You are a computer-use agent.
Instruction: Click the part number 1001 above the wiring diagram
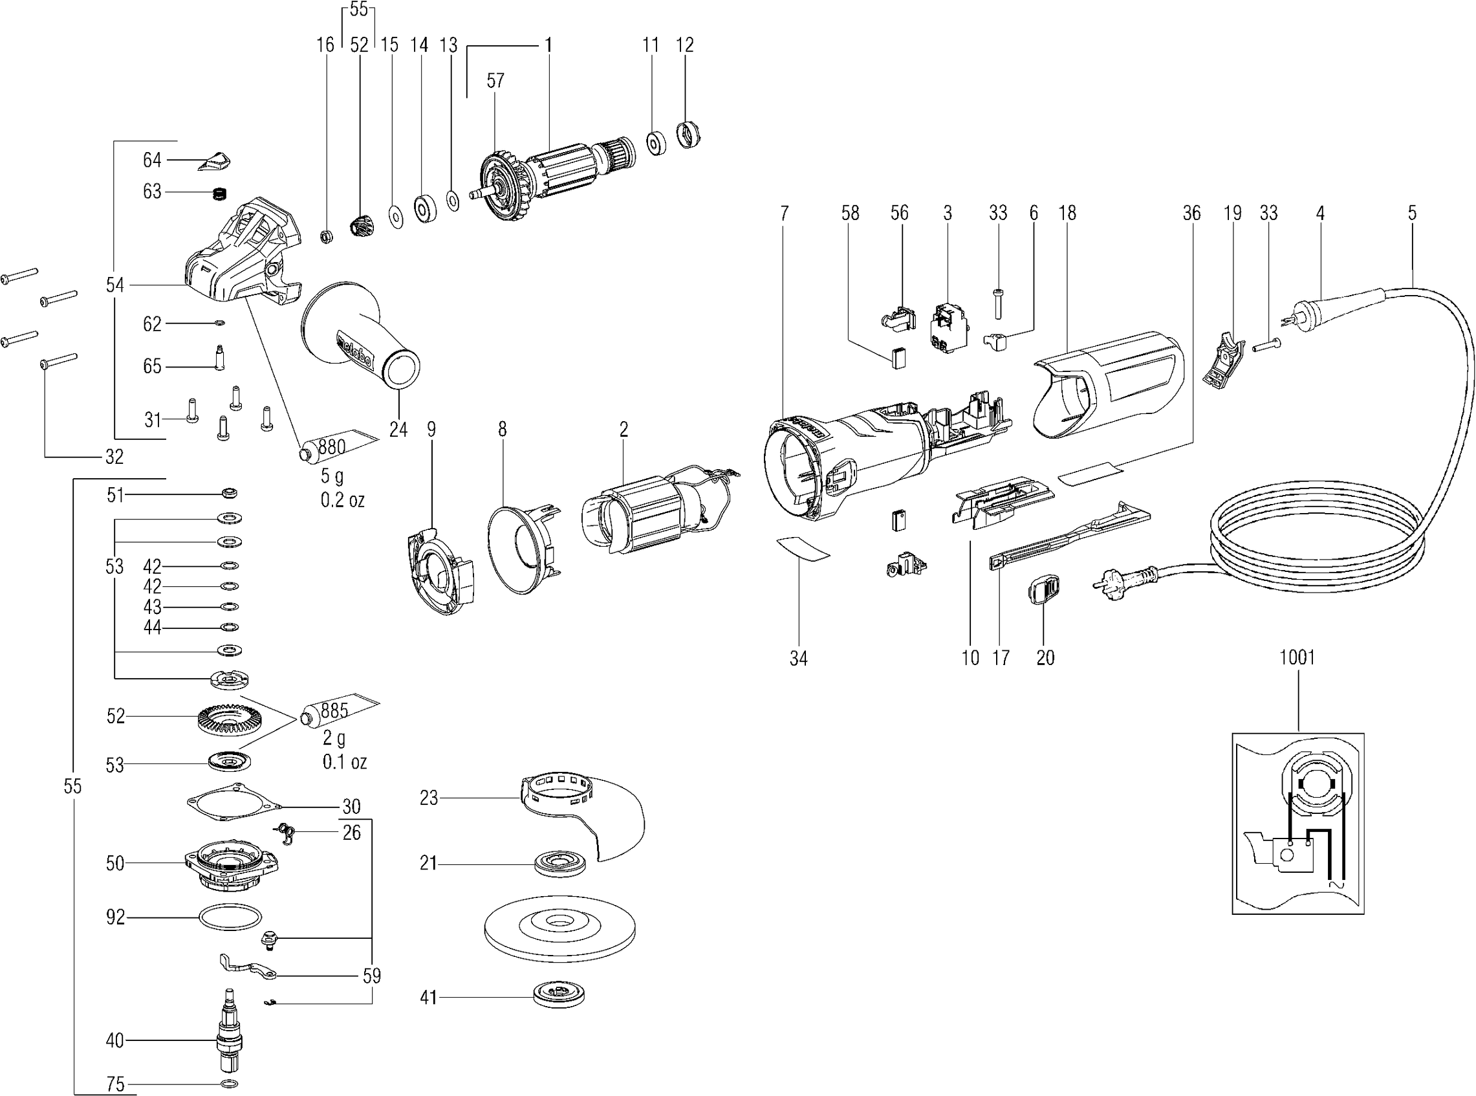pos(1297,657)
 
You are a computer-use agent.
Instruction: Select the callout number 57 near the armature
pos(495,80)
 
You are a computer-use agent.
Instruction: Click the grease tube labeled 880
pos(338,445)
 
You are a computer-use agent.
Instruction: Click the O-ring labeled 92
pos(228,917)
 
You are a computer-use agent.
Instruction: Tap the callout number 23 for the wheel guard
pos(429,798)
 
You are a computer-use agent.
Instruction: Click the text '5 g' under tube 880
pos(333,476)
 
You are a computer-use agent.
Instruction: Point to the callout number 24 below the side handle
pos(398,430)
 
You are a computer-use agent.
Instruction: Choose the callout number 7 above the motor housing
pos(785,213)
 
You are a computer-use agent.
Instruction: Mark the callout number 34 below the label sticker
pos(798,658)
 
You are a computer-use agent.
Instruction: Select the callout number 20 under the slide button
pos(1045,657)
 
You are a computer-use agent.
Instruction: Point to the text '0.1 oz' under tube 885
pos(345,762)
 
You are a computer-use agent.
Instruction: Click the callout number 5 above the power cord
pos(1413,213)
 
